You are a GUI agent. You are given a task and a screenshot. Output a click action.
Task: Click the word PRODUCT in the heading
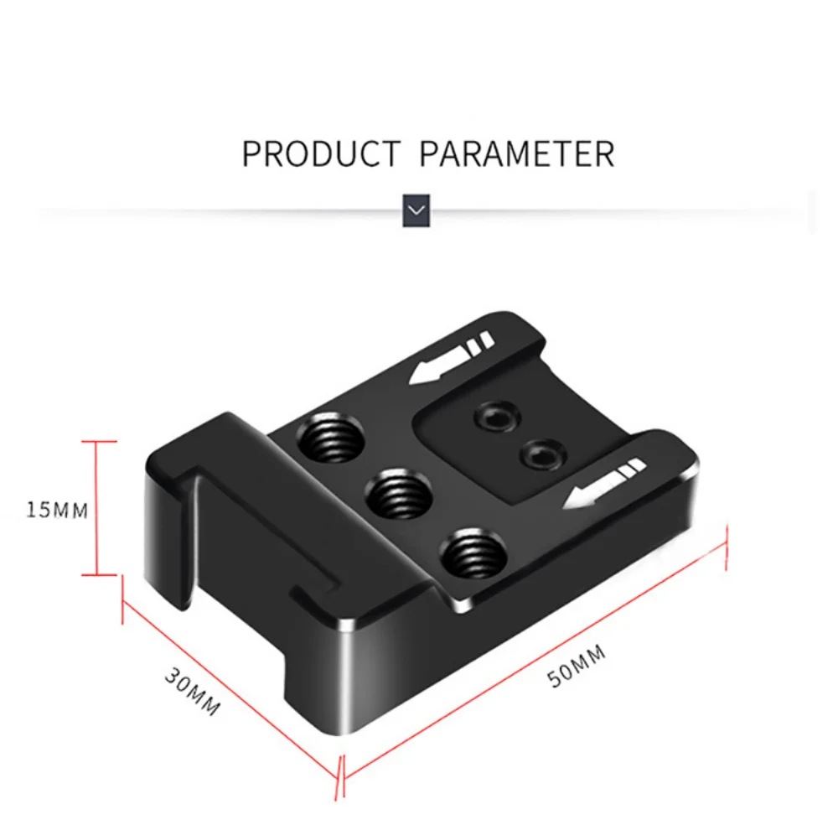[x=321, y=154]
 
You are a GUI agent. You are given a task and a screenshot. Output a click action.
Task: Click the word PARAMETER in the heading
[x=517, y=154]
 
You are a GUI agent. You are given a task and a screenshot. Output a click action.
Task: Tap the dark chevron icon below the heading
[x=416, y=210]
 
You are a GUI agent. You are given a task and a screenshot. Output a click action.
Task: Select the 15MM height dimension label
[x=57, y=511]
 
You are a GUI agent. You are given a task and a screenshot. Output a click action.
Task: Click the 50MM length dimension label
[x=577, y=666]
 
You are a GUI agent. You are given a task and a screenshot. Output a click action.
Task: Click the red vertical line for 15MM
[x=97, y=508]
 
